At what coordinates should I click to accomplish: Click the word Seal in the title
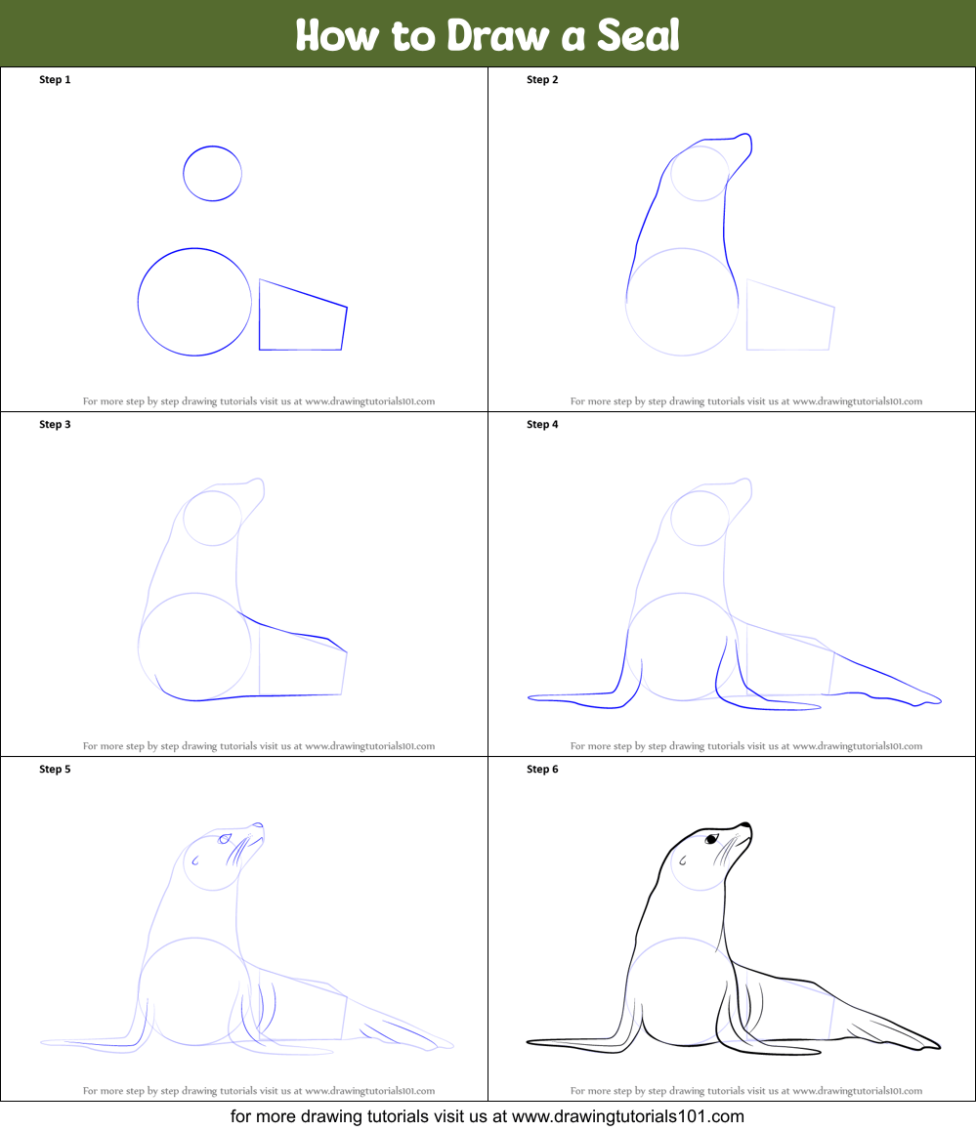638,35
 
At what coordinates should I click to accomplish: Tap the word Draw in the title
497,35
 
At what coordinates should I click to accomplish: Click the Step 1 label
55,79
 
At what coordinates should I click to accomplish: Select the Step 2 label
542,79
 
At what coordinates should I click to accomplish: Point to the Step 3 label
55,424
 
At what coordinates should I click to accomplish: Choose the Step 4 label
542,424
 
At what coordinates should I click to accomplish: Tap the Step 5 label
55,769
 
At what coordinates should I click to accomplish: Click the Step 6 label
542,769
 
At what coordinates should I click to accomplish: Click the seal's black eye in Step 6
712,838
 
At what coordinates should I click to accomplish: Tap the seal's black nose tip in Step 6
745,826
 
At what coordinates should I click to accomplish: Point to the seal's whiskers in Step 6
726,851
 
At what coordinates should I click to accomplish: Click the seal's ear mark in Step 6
682,859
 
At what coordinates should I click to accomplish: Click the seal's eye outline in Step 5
225,838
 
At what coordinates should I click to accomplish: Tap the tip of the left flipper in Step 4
530,697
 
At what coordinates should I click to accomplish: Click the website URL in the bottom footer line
627,1116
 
